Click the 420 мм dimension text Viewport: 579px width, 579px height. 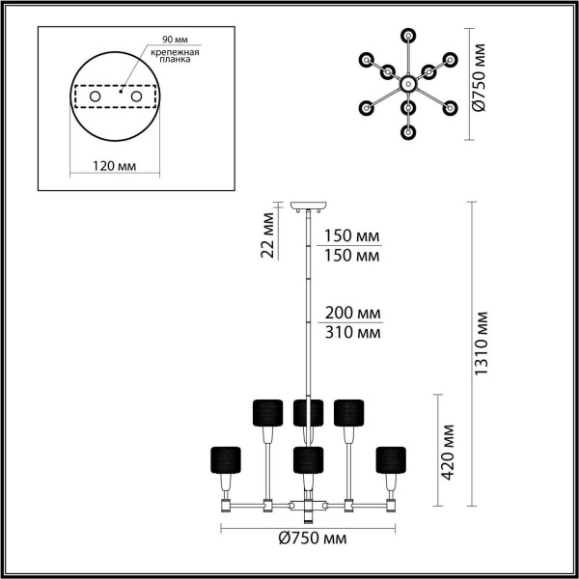(448, 452)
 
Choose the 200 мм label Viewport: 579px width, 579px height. (352, 315)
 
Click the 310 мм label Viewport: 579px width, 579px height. (352, 333)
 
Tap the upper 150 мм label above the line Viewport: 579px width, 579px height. (352, 236)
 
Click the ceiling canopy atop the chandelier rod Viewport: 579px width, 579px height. (309, 206)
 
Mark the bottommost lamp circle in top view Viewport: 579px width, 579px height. (409, 132)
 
